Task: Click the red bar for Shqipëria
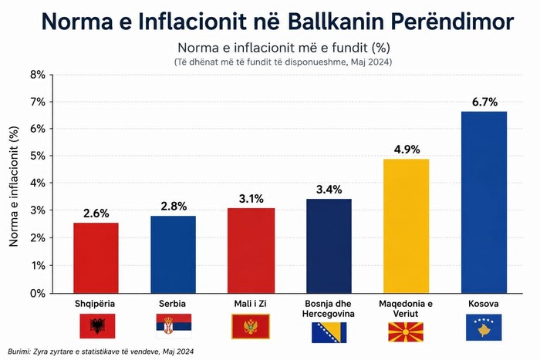[x=96, y=257]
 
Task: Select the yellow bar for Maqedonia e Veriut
[x=407, y=226]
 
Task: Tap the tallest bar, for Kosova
[x=484, y=203]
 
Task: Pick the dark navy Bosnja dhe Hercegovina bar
[x=329, y=246]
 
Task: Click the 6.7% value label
[x=484, y=102]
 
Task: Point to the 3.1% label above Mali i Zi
[x=251, y=199]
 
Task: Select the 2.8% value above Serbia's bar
[x=174, y=206]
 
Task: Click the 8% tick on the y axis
[x=38, y=75]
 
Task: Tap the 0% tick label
[x=38, y=293]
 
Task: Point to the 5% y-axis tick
[x=38, y=156]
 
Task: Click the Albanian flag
[x=97, y=326]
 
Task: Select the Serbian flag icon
[x=174, y=326]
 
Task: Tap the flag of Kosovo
[x=484, y=328]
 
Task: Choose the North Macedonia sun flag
[x=406, y=332]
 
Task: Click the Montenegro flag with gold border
[x=251, y=326]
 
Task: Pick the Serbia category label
[x=172, y=304]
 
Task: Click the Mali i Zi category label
[x=251, y=304]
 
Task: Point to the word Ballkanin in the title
[x=336, y=22]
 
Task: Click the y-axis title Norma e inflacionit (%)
[x=13, y=187]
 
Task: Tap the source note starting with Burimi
[x=100, y=352]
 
